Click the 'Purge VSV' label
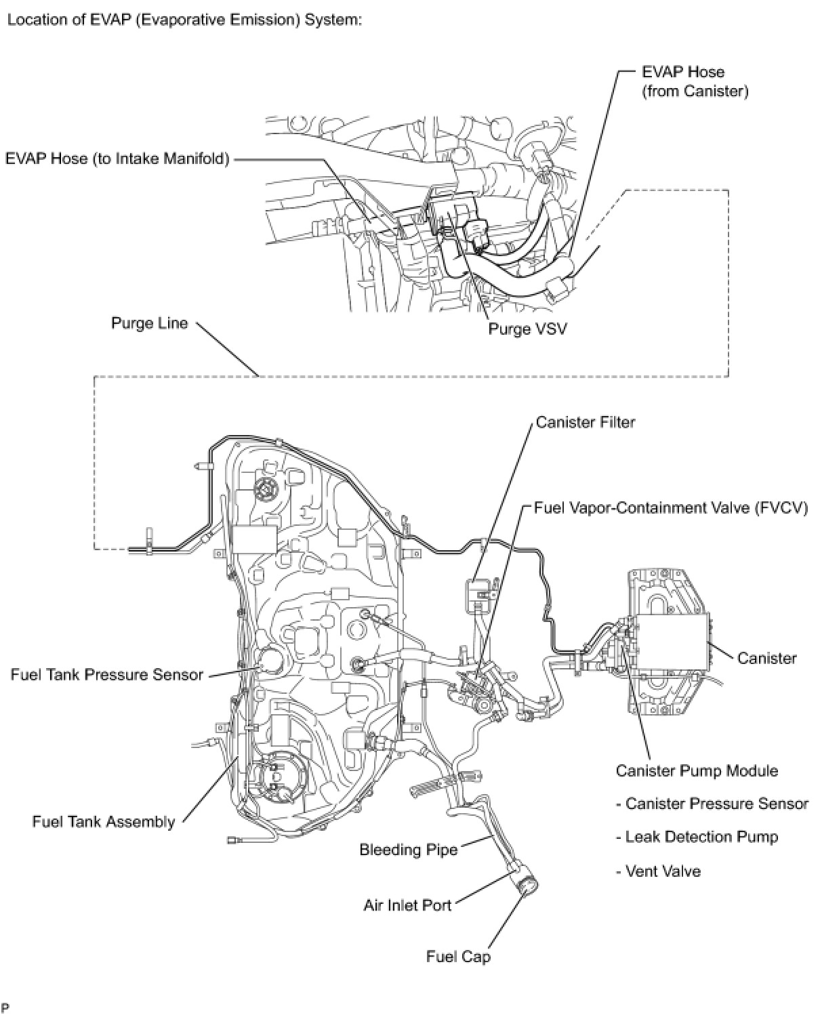click(x=527, y=329)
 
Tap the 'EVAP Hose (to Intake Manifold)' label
click(x=117, y=159)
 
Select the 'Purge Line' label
click(x=149, y=323)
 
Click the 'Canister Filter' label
click(x=586, y=422)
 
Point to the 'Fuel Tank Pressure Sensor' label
click(x=107, y=675)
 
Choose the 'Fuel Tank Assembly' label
click(x=104, y=822)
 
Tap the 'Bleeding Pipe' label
click(x=409, y=849)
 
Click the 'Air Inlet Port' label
click(x=407, y=905)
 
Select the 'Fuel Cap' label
click(x=458, y=956)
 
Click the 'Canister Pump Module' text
click(x=697, y=770)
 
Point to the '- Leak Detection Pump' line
click(x=697, y=837)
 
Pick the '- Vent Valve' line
click(x=658, y=871)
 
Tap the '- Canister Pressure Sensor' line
click(x=712, y=804)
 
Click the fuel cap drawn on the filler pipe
click(x=527, y=884)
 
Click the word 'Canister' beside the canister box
click(x=766, y=658)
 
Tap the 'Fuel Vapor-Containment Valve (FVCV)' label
click(x=671, y=507)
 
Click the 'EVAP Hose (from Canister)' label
click(x=695, y=81)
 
